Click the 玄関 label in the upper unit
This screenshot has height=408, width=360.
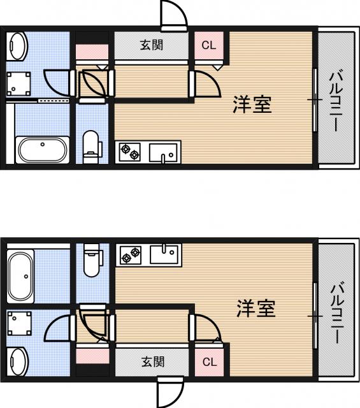[x=152, y=45]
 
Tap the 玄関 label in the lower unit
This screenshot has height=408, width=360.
[x=153, y=361]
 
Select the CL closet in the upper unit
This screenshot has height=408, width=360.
[x=209, y=45]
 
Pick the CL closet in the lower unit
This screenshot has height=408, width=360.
[x=210, y=362]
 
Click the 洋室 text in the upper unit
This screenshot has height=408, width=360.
[x=252, y=105]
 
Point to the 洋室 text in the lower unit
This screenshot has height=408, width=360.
[x=256, y=308]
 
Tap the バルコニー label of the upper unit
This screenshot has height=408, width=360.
[x=336, y=101]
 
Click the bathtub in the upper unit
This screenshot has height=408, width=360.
[x=43, y=150]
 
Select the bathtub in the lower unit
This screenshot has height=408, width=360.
[x=20, y=276]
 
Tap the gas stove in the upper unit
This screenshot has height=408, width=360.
[x=130, y=152]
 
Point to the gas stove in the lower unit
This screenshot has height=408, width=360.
[x=131, y=255]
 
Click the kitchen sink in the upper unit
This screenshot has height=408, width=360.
[x=163, y=152]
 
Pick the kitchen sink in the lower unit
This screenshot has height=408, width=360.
[x=164, y=254]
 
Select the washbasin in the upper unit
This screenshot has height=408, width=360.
[x=18, y=46]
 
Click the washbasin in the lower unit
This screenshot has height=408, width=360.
[x=18, y=361]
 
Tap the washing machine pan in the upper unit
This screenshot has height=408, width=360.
[x=18, y=84]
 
